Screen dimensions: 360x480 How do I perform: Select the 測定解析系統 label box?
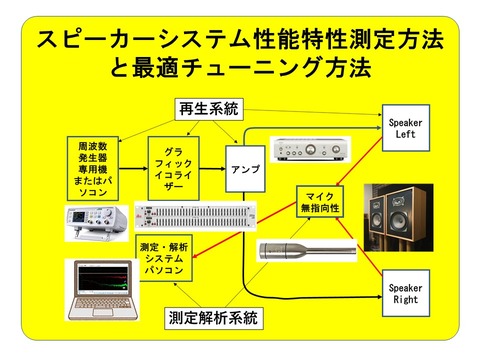coord(212,319)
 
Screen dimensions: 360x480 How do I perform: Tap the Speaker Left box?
coord(409,127)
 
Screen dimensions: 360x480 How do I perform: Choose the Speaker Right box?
coord(409,293)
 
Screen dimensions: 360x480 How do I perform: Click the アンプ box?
coord(243,171)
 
